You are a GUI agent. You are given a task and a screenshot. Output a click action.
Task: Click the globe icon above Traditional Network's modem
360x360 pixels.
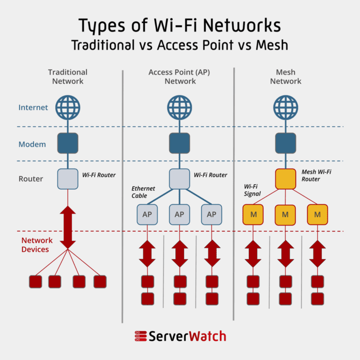[x=68, y=107]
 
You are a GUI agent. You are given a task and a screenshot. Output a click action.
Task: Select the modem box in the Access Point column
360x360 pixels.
[x=179, y=143]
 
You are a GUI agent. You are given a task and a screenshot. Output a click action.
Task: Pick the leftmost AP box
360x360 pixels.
[x=147, y=214]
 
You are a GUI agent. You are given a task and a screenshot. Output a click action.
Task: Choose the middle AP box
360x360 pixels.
[x=179, y=214]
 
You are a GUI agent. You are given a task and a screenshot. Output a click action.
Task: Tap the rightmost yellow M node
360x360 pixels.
[x=318, y=214]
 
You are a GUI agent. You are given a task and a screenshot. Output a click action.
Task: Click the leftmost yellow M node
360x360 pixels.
[x=253, y=214]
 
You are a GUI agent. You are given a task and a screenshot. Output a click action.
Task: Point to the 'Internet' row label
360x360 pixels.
[x=33, y=108]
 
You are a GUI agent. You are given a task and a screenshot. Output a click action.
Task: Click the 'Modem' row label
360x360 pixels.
[x=32, y=144]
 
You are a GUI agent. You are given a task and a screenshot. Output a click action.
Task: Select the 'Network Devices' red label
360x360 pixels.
[x=35, y=245]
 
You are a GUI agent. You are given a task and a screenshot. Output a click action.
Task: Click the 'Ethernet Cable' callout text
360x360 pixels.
[x=139, y=192]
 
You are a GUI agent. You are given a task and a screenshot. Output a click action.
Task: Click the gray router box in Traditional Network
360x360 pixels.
[x=68, y=178]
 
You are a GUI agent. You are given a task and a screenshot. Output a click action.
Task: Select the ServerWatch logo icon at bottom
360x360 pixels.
[x=140, y=336]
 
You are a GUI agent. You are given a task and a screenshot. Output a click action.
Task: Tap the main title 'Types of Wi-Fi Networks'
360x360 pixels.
[x=179, y=25]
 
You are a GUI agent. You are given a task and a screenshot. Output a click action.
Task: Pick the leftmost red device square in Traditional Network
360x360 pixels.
[x=35, y=281]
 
